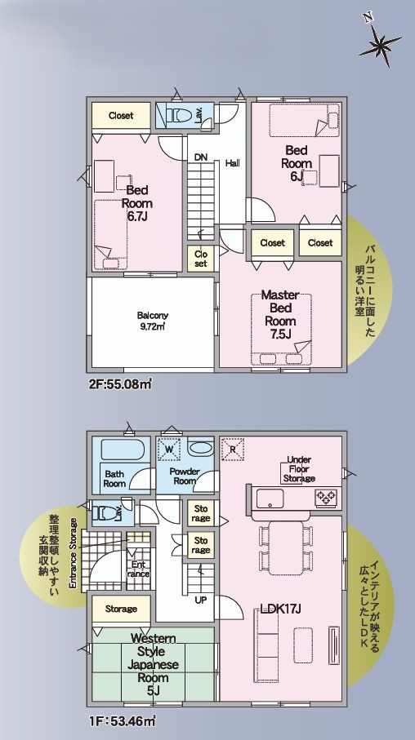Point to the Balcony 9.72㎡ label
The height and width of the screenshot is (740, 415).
tap(153, 321)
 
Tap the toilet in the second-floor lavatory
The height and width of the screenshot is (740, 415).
tap(177, 115)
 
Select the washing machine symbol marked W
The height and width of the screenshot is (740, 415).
tap(169, 449)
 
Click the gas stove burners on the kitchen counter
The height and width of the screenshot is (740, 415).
tap(327, 496)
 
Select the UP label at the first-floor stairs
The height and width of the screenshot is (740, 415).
tap(200, 600)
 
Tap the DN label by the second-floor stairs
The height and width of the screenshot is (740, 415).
tap(200, 157)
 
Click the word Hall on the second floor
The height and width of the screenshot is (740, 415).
tap(232, 162)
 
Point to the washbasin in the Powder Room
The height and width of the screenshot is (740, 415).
tap(200, 447)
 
